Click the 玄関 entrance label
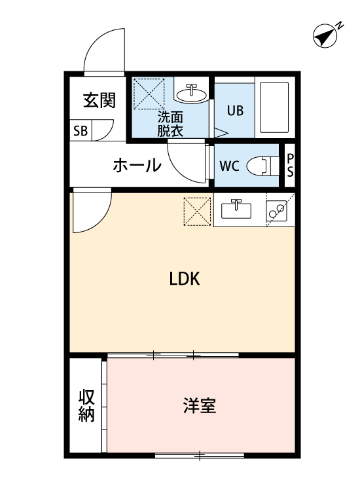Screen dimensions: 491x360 click(x=99, y=100)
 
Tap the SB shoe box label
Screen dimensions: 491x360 click(x=81, y=130)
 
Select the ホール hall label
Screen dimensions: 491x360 click(x=137, y=166)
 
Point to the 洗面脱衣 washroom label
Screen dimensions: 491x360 click(x=170, y=124)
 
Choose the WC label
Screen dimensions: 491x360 click(x=229, y=165)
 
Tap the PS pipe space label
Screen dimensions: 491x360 click(x=290, y=166)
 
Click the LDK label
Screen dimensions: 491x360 click(x=185, y=279)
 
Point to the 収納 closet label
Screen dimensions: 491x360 click(x=86, y=406)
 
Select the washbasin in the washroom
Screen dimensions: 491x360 click(x=192, y=93)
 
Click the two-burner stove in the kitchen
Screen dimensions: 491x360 click(x=278, y=209)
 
